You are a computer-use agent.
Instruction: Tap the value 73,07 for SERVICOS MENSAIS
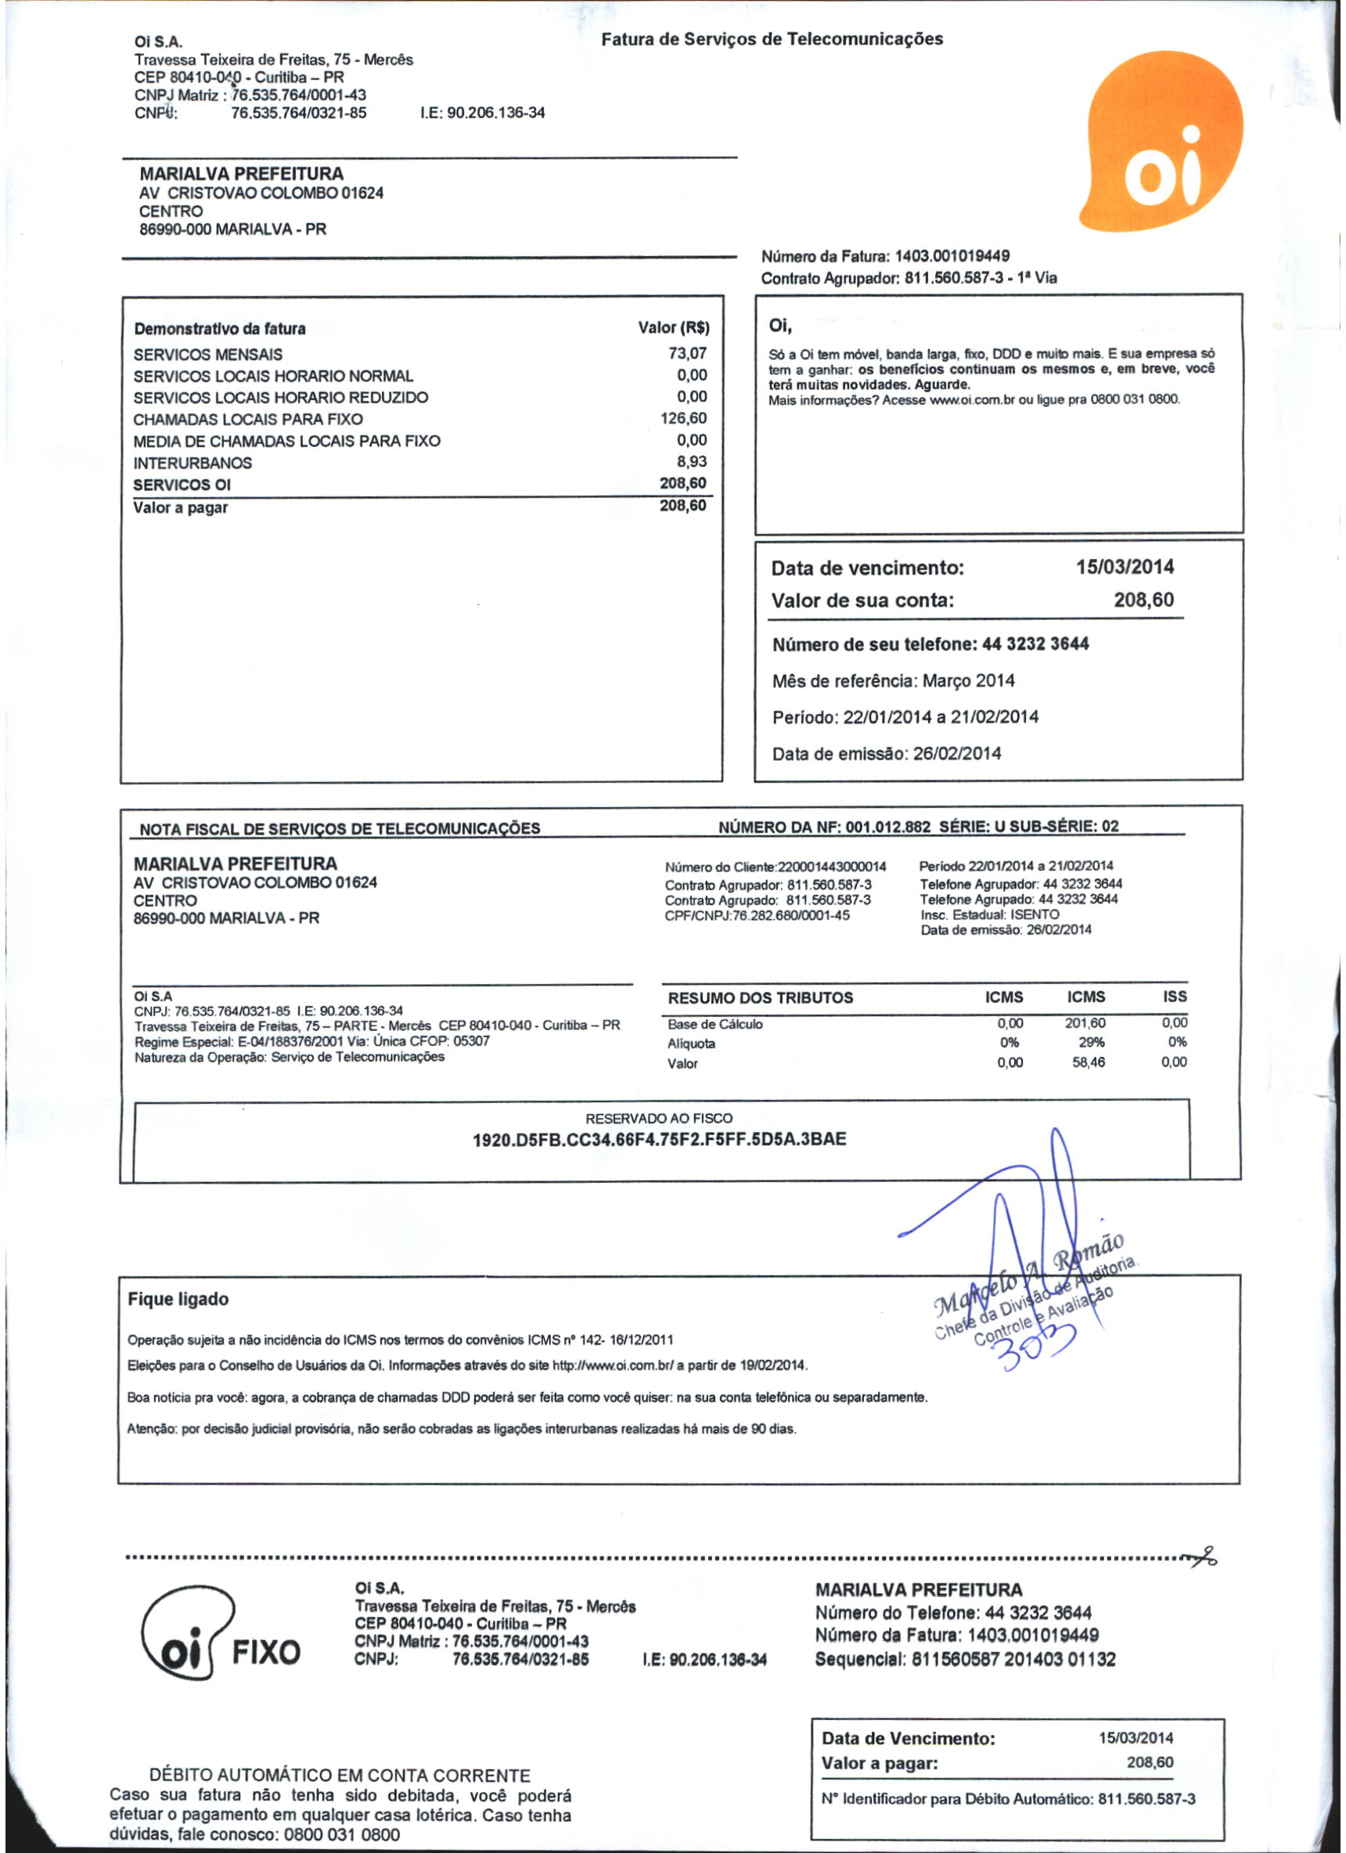688,353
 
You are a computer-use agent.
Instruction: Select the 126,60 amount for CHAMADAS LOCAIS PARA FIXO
684,418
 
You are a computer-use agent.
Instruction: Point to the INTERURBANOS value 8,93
692,462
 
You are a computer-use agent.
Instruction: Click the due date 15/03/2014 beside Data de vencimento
1125,567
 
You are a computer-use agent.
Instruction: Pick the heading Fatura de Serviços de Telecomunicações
772,39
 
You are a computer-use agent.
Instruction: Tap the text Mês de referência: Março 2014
894,680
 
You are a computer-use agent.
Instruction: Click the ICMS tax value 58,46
1089,1063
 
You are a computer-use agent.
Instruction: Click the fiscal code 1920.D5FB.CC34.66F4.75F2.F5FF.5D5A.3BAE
659,1139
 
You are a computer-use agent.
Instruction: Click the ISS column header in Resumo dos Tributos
1175,997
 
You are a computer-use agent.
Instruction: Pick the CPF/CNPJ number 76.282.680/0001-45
790,915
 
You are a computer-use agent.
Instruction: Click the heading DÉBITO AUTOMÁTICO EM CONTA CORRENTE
340,1775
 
